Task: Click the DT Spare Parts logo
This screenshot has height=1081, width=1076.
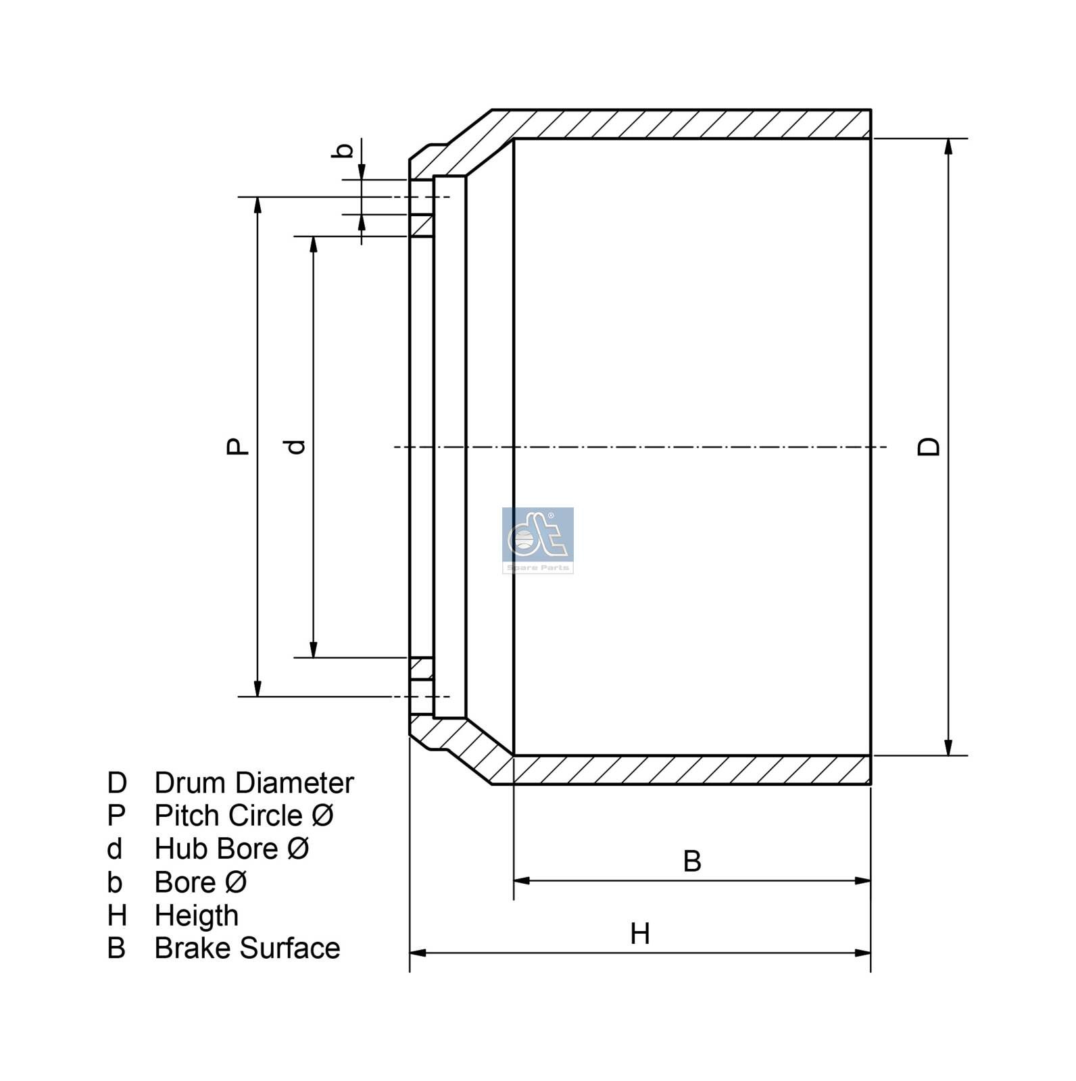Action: click(537, 540)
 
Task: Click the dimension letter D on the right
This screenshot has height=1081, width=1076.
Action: click(929, 447)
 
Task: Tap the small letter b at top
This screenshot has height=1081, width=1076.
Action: click(343, 150)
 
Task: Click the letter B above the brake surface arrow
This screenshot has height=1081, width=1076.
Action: click(691, 861)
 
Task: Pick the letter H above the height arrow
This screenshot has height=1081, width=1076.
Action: click(639, 934)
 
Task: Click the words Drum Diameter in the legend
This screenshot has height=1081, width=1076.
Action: click(253, 783)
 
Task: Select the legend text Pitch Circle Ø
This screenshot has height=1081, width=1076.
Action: click(244, 815)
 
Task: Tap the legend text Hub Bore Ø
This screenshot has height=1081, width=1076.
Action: click(232, 849)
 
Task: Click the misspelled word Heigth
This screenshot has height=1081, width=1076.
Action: click(196, 915)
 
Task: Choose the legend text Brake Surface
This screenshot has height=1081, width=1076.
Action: click(247, 948)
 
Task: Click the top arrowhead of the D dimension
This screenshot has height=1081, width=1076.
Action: click(948, 147)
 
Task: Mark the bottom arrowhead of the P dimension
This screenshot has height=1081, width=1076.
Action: click(258, 688)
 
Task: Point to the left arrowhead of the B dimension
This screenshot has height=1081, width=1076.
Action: click(522, 880)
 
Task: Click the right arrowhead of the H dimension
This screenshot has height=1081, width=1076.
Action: click(862, 953)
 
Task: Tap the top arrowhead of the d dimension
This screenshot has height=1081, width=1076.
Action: click(313, 244)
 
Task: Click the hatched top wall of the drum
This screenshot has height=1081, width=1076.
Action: click(689, 124)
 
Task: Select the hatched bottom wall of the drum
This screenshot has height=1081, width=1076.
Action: click(689, 770)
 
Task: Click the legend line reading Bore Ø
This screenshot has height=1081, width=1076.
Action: click(200, 882)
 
